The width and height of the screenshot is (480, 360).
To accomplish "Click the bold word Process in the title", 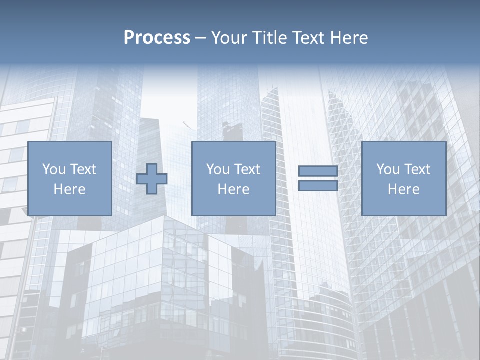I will tap(157, 38).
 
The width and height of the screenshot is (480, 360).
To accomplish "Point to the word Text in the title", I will tap(308, 38).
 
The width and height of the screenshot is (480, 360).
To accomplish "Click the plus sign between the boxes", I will tap(152, 179).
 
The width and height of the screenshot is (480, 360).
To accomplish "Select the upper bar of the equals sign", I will tap(318, 171).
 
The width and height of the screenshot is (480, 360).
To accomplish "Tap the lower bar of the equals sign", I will tap(318, 186).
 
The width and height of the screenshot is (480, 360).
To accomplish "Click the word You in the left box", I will tap(54, 169).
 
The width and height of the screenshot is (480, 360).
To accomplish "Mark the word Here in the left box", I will tap(69, 189).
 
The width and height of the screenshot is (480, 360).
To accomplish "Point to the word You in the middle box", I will tap(218, 169).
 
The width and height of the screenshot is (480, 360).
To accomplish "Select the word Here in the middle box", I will tap(233, 189).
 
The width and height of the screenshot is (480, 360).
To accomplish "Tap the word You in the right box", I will tap(388, 169).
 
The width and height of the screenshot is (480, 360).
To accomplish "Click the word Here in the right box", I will tap(403, 189).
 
